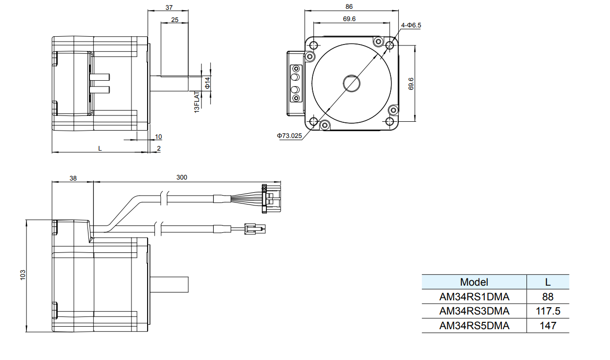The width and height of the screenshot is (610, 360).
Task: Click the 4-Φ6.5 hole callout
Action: pos(411,25)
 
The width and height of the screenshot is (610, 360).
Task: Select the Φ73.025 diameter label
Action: pos(289,135)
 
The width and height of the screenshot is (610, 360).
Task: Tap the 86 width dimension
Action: pos(349,7)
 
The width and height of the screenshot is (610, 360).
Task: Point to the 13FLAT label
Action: pos(197,102)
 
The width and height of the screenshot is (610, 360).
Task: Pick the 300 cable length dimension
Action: pos(181,178)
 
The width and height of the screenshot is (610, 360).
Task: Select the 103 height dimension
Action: pos(22,275)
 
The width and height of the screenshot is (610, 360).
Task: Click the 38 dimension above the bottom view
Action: pos(73,179)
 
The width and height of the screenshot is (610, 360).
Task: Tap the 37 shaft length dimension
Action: pos(169,7)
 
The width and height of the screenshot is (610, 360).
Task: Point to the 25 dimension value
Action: pos(174,20)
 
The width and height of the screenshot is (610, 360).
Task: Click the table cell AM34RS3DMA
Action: pos(474,311)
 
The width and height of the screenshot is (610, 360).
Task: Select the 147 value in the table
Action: pos(548,326)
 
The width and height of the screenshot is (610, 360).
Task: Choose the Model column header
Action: pos(474,282)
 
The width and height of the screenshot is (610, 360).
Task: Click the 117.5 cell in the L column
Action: pos(548,311)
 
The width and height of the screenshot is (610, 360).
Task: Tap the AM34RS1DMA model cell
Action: pos(474,296)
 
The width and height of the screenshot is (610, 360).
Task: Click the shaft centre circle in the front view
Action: pos(351,83)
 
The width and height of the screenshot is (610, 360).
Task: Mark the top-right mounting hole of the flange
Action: pos(390,45)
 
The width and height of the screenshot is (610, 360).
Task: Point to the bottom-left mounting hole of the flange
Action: pos(313,121)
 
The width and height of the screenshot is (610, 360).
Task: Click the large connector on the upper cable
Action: pos(271,199)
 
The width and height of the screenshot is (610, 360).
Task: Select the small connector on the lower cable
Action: pos(254,228)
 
